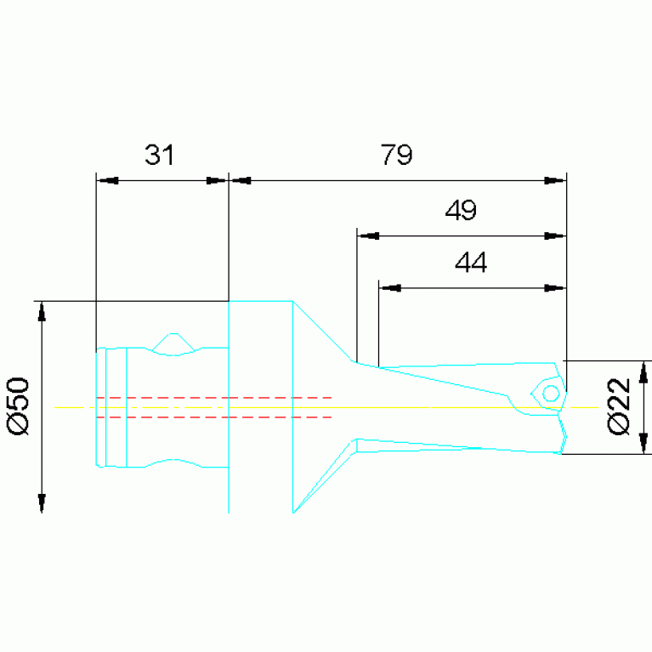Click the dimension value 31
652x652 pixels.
(x=159, y=155)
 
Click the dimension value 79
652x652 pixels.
(x=396, y=155)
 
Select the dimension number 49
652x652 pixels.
(x=461, y=210)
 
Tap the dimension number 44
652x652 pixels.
(x=471, y=263)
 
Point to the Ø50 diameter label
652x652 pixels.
(x=19, y=407)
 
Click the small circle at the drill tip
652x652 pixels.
(x=550, y=394)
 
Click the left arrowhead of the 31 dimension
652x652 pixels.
(x=108, y=180)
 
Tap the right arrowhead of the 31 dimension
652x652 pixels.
(x=217, y=180)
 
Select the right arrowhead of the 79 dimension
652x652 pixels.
(x=554, y=180)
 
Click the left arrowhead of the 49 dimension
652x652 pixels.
(x=367, y=236)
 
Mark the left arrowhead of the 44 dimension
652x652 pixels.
(x=389, y=288)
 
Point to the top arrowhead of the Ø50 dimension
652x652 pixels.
(x=42, y=312)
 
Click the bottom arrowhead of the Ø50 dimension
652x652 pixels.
(x=42, y=502)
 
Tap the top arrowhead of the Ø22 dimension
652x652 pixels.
(x=643, y=371)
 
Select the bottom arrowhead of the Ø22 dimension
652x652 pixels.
(x=643, y=443)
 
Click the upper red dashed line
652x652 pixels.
(x=213, y=398)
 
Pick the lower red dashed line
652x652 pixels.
(x=213, y=417)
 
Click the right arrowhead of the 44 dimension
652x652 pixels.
(x=554, y=288)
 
